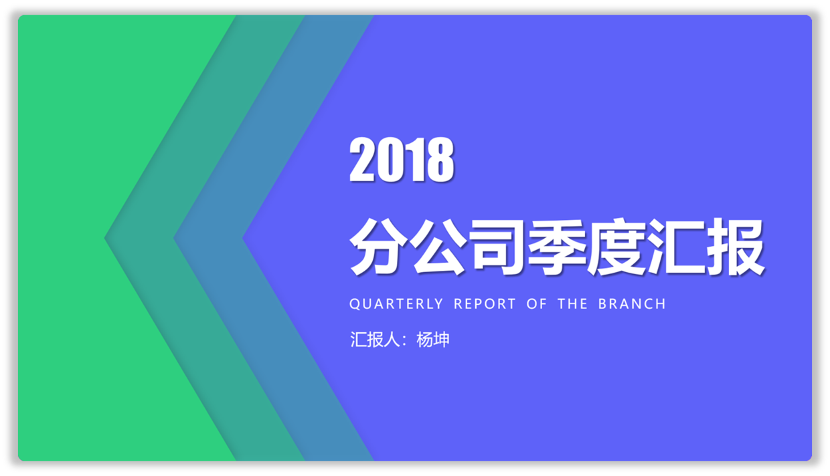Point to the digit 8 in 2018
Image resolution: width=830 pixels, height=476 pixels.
coord(440,159)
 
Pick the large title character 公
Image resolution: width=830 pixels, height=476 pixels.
coord(438,246)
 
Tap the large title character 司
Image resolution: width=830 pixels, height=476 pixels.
coord(497,246)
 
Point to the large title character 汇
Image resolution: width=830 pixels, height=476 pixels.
coord(676,246)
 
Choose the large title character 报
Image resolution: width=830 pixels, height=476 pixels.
coord(735,246)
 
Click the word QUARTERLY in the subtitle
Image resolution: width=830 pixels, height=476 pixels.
coord(396,304)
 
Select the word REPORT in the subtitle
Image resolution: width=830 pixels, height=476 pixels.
coord(485,304)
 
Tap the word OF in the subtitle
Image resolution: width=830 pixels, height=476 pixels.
coord(537,304)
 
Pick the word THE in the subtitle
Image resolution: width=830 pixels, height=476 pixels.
coord(572,304)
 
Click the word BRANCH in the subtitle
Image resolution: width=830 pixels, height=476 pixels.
coord(632,304)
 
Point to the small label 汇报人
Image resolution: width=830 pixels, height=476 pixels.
coord(375,340)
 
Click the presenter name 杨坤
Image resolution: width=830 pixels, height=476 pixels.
coord(433,340)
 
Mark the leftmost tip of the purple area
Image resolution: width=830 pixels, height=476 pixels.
coord(243,238)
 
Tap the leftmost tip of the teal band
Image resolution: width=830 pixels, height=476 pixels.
coord(104,238)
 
